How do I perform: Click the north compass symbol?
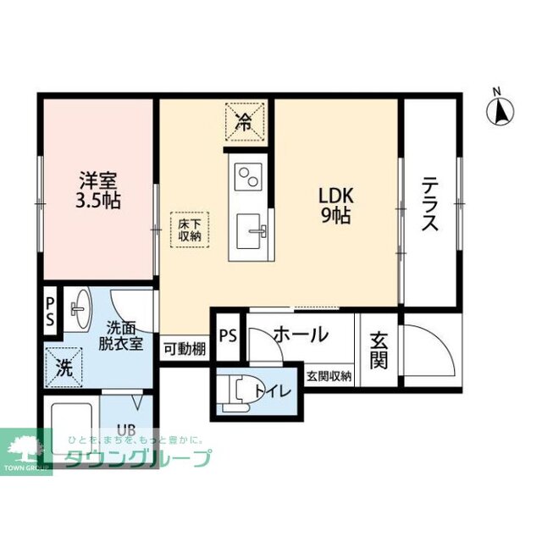tap(501, 109)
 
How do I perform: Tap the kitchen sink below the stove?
tap(249, 230)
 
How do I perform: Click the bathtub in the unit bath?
tap(71, 432)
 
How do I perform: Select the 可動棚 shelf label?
tap(184, 347)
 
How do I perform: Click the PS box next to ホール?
tap(227, 334)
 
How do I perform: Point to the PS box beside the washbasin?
tap(50, 312)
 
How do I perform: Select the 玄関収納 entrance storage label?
tap(329, 376)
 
